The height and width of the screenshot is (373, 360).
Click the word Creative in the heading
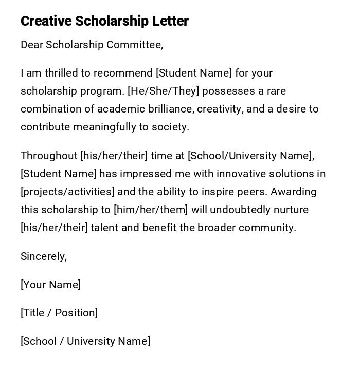point(46,21)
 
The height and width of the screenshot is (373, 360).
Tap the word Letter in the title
point(170,21)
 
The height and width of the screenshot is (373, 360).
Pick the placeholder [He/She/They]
point(163,91)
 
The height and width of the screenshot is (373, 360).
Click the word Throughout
point(49,156)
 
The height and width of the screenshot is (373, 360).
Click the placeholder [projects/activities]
point(67,192)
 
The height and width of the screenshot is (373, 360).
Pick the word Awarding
point(294,192)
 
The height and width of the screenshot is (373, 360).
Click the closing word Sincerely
point(43,256)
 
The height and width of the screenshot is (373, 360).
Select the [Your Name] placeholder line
point(50,285)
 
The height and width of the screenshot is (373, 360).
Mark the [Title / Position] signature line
point(59,313)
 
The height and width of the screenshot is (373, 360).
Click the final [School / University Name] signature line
point(85,341)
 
